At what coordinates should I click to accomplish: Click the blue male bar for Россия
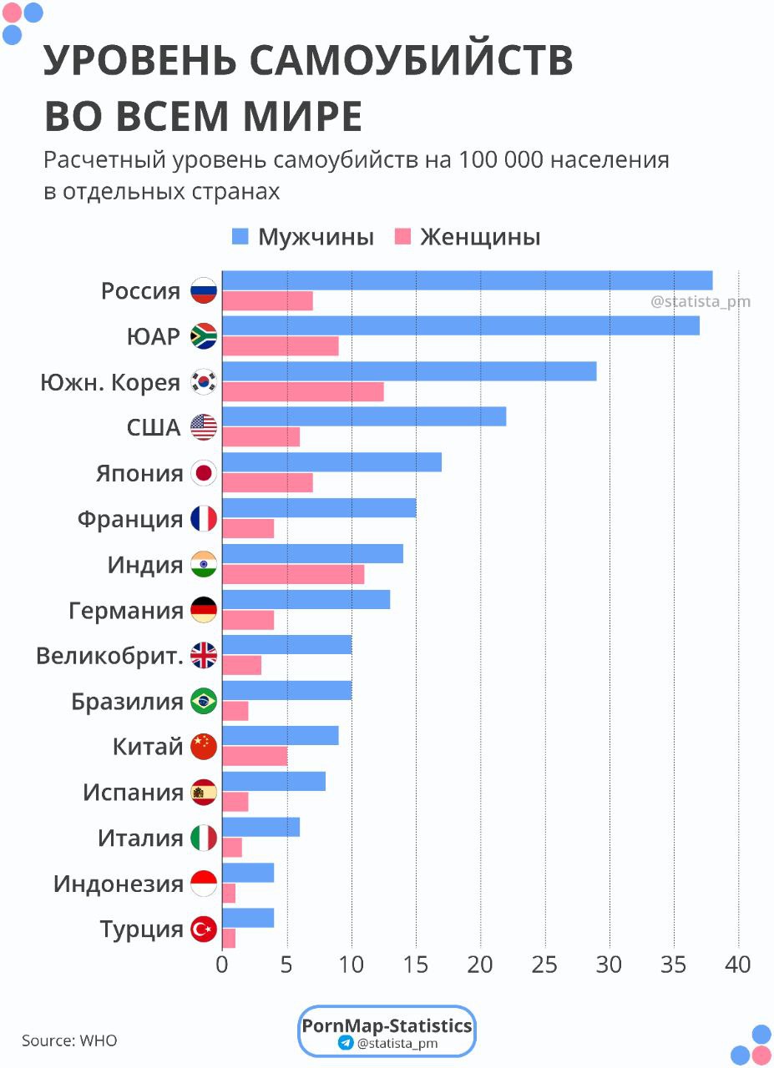(x=467, y=280)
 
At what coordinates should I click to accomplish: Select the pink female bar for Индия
(x=293, y=574)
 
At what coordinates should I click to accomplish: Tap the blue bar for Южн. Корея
(x=409, y=371)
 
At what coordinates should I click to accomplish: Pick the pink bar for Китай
(x=255, y=756)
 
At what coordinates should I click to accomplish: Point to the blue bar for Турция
(x=248, y=918)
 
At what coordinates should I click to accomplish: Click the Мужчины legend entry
(x=303, y=237)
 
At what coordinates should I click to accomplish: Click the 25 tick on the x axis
(x=545, y=965)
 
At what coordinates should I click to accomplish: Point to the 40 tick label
(x=738, y=965)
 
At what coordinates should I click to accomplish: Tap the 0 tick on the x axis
(x=222, y=965)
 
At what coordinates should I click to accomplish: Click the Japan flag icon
(x=204, y=474)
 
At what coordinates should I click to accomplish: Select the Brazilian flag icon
(x=204, y=702)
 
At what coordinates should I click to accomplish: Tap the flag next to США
(x=204, y=428)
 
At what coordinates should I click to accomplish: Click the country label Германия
(x=126, y=611)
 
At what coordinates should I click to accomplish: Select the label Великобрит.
(x=109, y=656)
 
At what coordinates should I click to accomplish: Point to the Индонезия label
(x=119, y=884)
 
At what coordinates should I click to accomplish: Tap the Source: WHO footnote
(x=69, y=1040)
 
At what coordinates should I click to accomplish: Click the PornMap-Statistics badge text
(x=387, y=1025)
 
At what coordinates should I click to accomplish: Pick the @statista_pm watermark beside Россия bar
(x=701, y=301)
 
